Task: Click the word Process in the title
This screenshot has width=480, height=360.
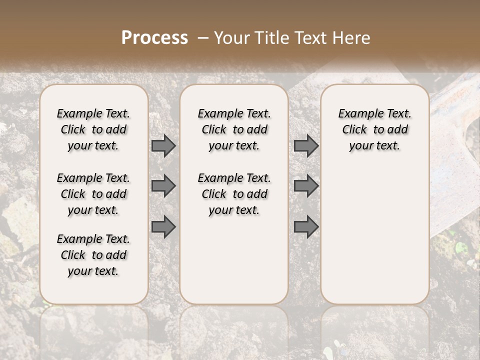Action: pos(154,37)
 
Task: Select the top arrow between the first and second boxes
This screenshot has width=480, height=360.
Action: pos(163,145)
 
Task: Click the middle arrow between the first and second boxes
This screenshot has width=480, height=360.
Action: pos(163,186)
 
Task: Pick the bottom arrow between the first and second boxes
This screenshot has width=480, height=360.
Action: pos(163,227)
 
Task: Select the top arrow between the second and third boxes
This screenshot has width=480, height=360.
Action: pos(306,145)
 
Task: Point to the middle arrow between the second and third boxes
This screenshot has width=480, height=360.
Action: pos(306,186)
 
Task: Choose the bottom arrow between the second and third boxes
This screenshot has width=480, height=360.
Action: pos(306,227)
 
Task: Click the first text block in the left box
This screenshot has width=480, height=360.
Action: pos(93,129)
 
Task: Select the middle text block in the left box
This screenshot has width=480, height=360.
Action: pos(93,194)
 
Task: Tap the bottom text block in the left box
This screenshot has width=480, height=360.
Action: pos(93,255)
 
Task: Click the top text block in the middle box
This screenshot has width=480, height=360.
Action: pos(234,129)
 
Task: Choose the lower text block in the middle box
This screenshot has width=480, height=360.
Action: pos(234,194)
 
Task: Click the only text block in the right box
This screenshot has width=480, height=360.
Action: pos(375,129)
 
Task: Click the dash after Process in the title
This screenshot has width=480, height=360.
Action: pos(202,37)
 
